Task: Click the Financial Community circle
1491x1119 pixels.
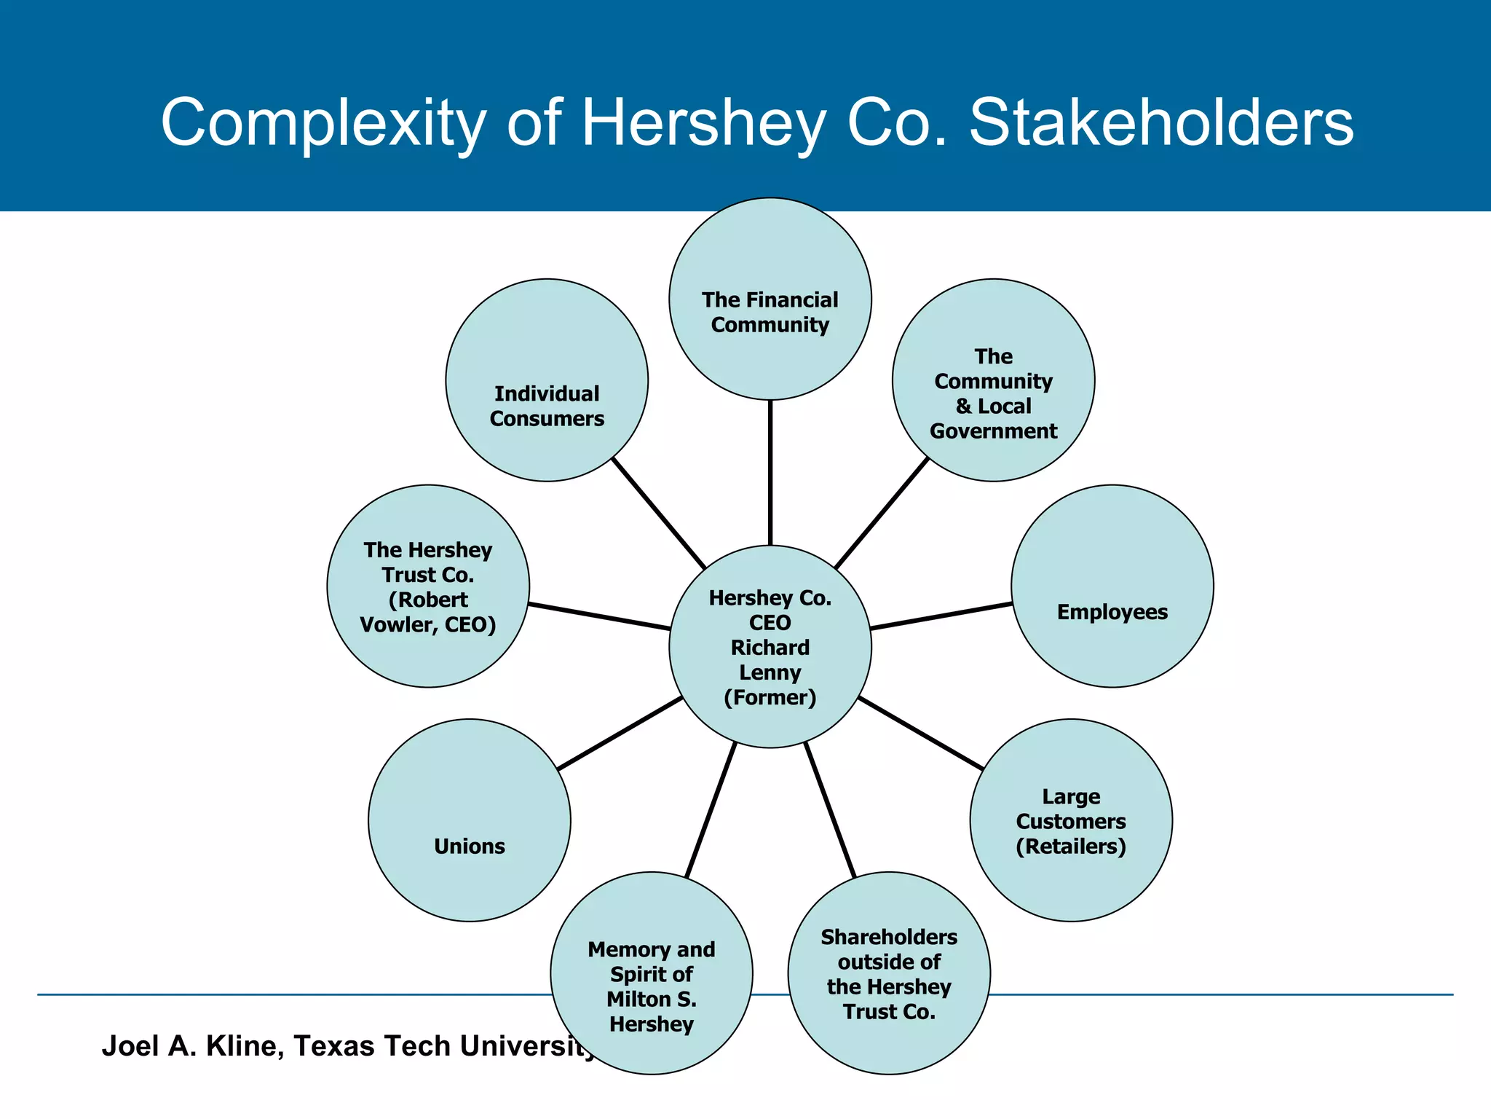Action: (x=770, y=299)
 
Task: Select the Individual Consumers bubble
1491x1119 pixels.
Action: (x=547, y=380)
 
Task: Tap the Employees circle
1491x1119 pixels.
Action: (x=1112, y=586)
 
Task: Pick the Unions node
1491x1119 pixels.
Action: (x=470, y=820)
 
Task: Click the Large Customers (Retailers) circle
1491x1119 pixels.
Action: (x=1071, y=820)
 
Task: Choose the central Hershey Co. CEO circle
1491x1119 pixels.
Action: (x=770, y=646)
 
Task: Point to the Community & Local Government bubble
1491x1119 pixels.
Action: (x=993, y=380)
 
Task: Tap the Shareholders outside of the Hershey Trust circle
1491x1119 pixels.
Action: (x=889, y=973)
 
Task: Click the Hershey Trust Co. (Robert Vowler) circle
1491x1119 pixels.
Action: (x=428, y=586)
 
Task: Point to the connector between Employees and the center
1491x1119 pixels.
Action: (x=941, y=616)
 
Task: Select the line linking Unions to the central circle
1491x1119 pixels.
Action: (x=620, y=733)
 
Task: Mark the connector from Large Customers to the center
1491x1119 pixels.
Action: (x=920, y=733)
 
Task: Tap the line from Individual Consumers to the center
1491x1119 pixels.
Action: (x=658, y=513)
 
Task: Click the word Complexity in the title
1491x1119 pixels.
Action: (x=323, y=124)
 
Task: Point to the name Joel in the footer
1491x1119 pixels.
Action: (x=130, y=1045)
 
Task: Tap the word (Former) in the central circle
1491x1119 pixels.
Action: (x=770, y=697)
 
